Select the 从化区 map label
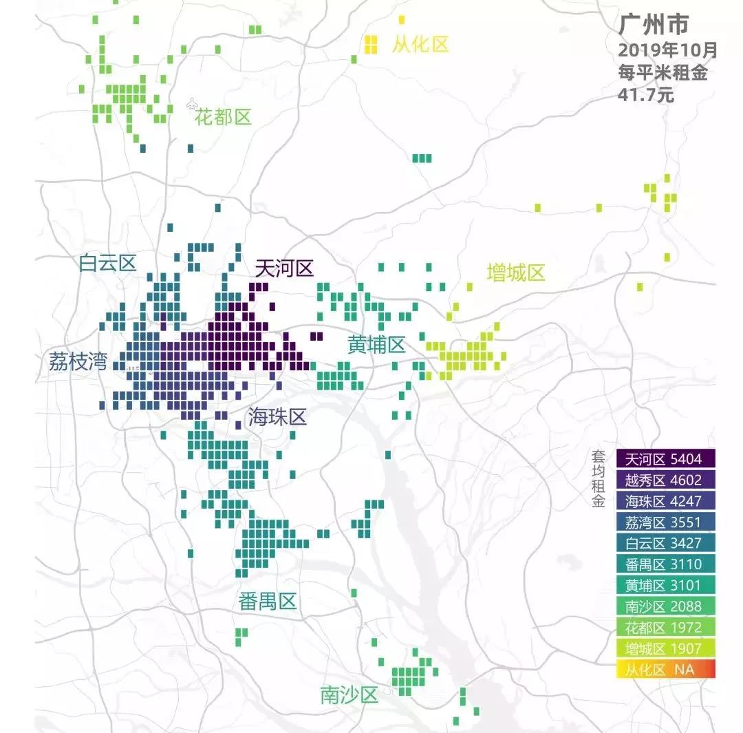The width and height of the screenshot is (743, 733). (420, 45)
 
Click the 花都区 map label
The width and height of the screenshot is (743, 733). (223, 117)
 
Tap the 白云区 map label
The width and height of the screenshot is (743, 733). (108, 263)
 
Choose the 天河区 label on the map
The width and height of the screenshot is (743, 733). (284, 268)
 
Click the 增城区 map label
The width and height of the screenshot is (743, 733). (516, 273)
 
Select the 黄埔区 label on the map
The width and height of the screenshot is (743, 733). (376, 346)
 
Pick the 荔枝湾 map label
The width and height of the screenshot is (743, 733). (78, 361)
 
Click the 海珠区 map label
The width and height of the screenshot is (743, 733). (277, 416)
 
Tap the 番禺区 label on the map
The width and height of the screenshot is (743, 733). (268, 602)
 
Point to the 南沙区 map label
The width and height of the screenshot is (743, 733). (349, 695)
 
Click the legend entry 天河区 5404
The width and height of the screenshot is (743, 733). (665, 458)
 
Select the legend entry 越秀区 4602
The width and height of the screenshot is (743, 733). (665, 480)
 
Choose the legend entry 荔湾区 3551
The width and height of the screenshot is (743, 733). (665, 522)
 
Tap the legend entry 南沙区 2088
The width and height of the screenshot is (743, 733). (665, 606)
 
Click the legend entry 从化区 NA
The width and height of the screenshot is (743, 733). (665, 669)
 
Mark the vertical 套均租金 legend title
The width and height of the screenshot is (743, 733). (598, 480)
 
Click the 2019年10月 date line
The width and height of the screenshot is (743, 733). (667, 51)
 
